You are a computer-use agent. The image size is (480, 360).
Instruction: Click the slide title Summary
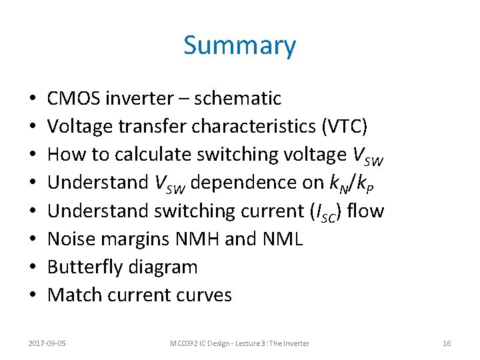click(239, 46)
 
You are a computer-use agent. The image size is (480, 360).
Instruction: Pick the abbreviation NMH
click(197, 239)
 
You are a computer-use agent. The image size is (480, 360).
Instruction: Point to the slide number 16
click(447, 343)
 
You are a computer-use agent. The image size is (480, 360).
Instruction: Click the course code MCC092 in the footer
click(184, 343)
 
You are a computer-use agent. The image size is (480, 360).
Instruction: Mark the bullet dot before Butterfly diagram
click(33, 268)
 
